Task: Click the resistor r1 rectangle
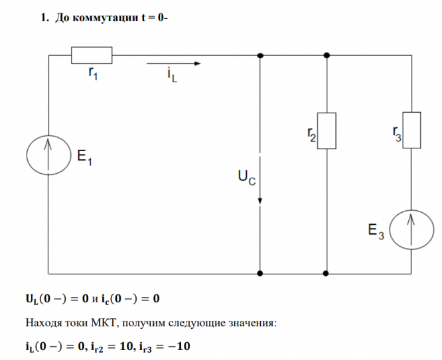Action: click(x=92, y=55)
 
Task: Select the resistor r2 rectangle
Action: click(x=327, y=131)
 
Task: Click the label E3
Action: click(x=376, y=231)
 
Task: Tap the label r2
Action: click(x=311, y=135)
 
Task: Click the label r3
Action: click(x=396, y=135)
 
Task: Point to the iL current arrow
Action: click(x=173, y=64)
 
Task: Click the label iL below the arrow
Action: click(x=173, y=78)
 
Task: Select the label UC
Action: click(x=246, y=178)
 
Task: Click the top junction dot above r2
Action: click(x=327, y=56)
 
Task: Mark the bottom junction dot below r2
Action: click(x=327, y=272)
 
